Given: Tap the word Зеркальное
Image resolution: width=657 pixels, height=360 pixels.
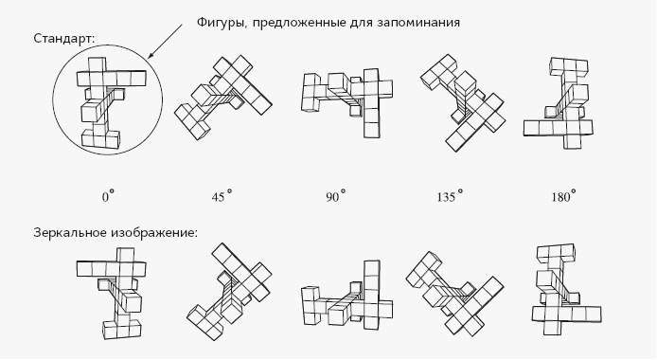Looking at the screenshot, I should pos(74,231).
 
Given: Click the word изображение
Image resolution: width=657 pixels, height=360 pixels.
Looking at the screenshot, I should pos(158,231).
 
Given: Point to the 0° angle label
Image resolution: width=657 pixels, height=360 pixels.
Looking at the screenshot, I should pos(108,196).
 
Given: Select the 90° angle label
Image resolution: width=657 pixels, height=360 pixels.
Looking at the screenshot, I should pos(336,196).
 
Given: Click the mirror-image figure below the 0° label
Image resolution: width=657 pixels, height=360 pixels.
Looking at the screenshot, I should pos(112,291).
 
